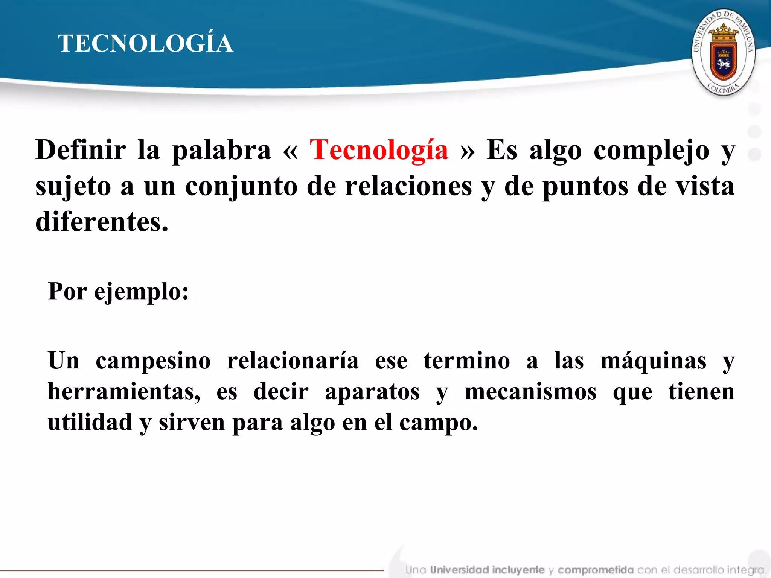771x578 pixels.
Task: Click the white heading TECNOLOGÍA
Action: click(145, 43)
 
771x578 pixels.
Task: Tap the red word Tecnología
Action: click(379, 150)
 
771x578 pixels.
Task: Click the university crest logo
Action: click(723, 52)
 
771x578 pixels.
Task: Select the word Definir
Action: click(81, 150)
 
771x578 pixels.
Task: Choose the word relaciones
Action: click(408, 186)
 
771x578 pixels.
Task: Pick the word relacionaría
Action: click(293, 360)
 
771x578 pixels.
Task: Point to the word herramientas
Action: click(124, 392)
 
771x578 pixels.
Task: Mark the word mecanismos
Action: click(530, 392)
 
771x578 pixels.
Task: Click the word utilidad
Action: click(90, 422)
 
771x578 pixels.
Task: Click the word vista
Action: click(705, 186)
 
